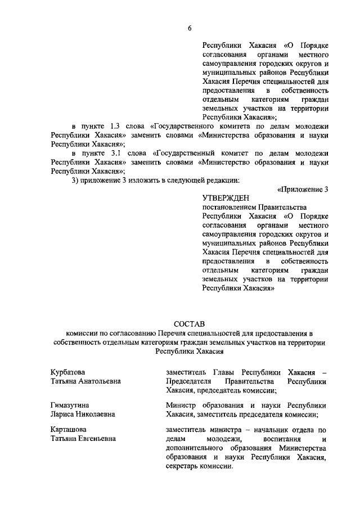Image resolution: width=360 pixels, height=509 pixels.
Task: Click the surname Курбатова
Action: click(x=67, y=372)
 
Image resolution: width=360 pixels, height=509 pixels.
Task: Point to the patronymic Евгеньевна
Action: click(x=96, y=439)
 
